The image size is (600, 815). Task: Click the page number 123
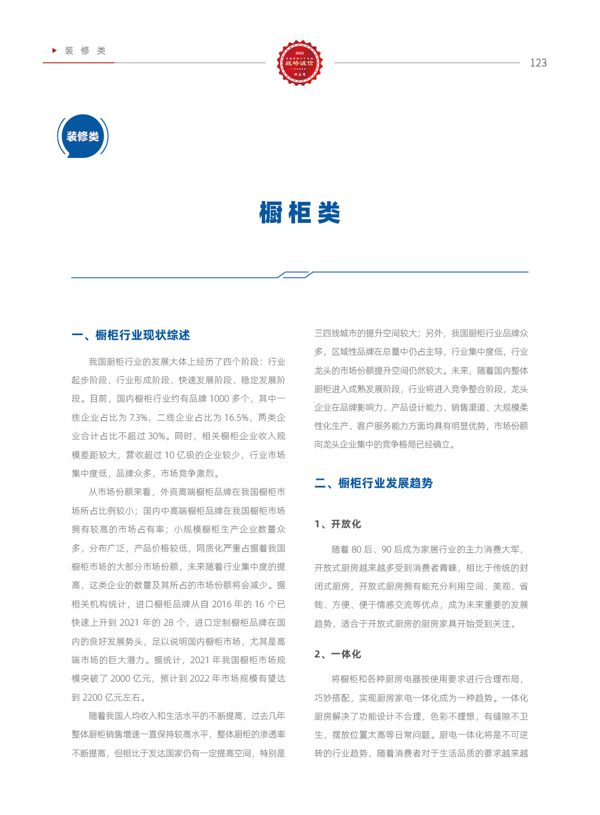tap(538, 63)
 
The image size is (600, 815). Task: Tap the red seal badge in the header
tap(300, 63)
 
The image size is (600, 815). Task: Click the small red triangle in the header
tap(55, 50)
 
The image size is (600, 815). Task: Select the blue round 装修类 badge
tap(83, 136)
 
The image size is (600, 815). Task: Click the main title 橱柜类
tap(300, 213)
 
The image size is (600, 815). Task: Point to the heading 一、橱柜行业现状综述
tap(131, 335)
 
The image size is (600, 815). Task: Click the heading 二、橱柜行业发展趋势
tap(374, 483)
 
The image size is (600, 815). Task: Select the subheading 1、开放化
tap(338, 524)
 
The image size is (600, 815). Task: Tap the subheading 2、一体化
tap(338, 654)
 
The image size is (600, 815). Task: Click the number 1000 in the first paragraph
tap(219, 399)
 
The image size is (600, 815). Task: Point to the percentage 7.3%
tap(138, 418)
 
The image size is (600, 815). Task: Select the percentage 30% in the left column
tap(157, 436)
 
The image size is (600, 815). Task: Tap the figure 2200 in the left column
tap(93, 698)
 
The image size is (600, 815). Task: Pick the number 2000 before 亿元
tap(121, 679)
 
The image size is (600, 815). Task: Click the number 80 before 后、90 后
tap(357, 550)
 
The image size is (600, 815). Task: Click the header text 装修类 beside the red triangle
tap(85, 51)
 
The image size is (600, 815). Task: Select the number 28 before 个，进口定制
tap(169, 623)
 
